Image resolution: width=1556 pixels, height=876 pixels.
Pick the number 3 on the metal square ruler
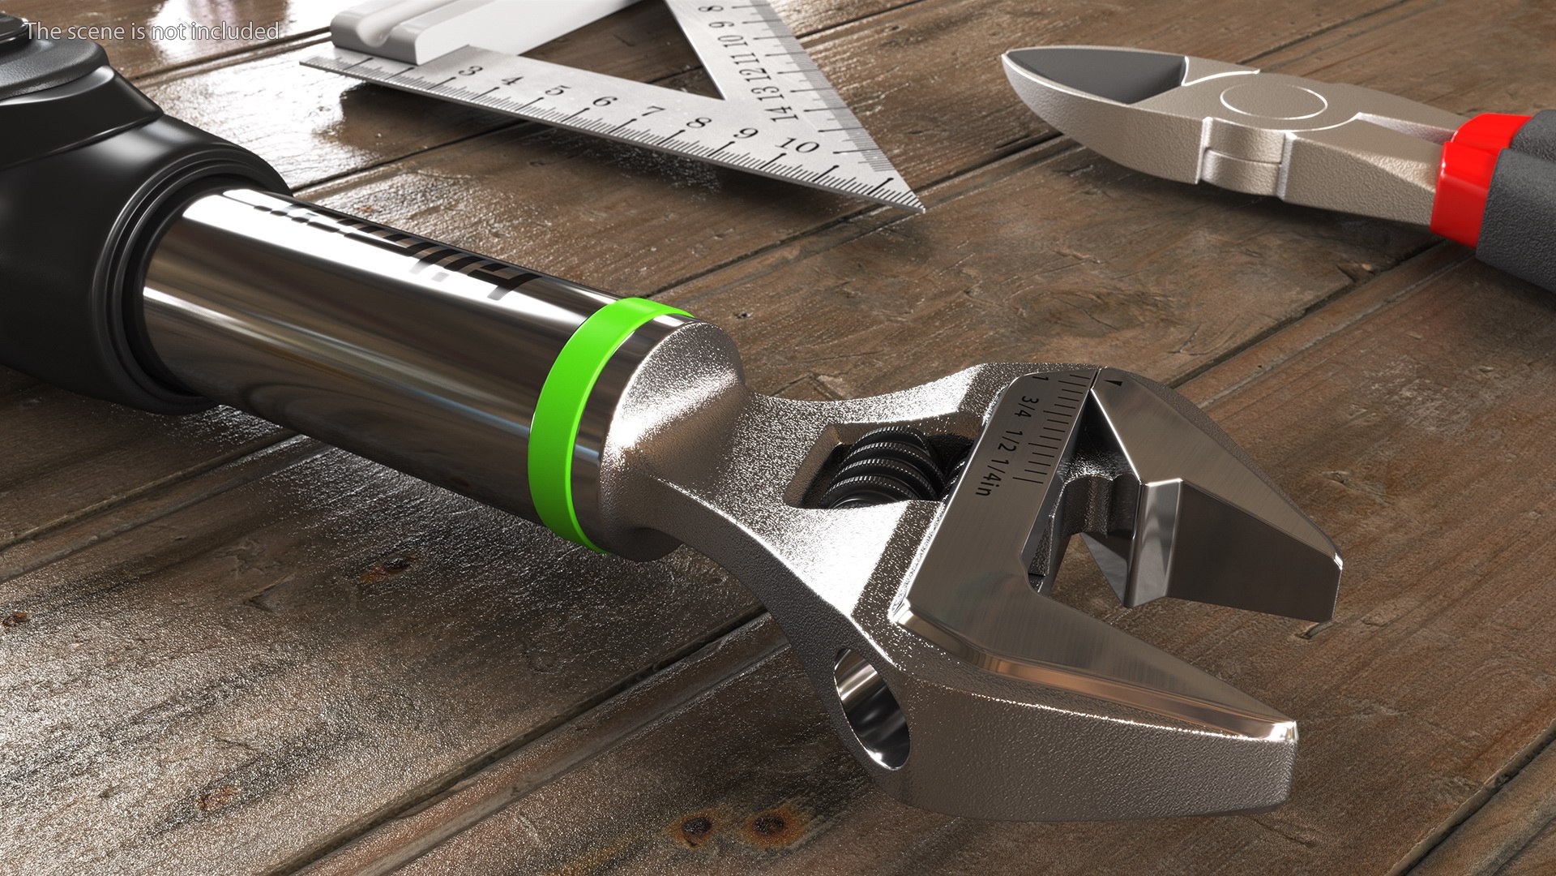point(468,71)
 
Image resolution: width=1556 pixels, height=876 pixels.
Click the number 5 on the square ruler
point(554,91)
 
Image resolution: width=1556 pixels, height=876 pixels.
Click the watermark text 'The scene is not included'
point(152,32)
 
